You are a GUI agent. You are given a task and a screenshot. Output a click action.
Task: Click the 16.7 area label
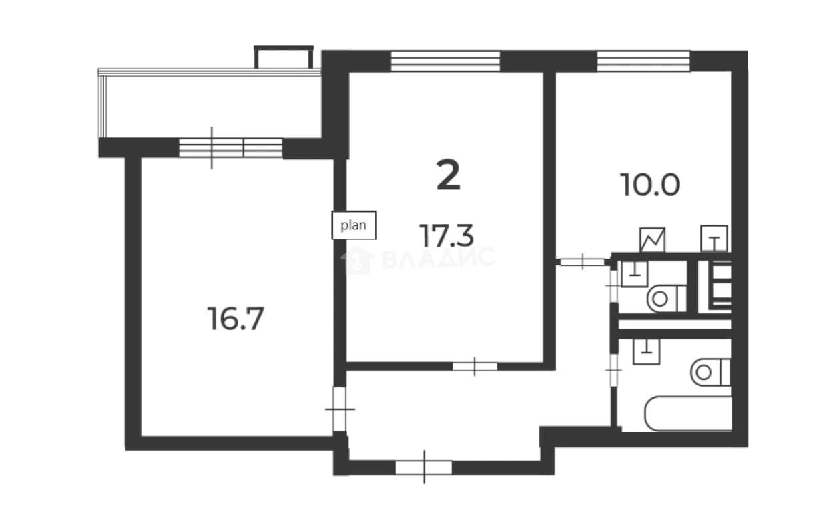tap(236, 319)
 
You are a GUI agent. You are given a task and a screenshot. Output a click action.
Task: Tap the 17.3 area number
tap(447, 236)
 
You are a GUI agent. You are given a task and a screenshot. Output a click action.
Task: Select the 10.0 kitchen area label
tap(650, 185)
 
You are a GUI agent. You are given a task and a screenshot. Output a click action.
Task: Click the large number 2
tap(448, 175)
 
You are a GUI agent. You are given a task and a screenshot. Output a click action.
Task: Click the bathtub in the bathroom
tap(688, 414)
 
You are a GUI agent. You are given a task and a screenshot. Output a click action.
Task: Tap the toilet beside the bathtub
tap(711, 372)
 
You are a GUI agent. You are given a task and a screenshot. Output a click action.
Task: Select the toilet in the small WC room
tap(667, 299)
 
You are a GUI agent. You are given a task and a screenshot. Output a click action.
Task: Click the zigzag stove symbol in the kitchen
tap(652, 240)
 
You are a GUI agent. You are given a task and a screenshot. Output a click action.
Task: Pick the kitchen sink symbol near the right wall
tap(714, 238)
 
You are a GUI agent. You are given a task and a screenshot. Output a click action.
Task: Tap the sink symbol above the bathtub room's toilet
tap(646, 351)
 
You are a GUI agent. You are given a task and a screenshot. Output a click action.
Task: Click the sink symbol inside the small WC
tap(635, 274)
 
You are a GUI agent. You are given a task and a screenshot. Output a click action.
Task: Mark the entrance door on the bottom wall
tap(424, 467)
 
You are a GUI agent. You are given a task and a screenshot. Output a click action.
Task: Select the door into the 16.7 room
tap(340, 409)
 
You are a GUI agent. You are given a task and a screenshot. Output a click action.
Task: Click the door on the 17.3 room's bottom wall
tap(475, 367)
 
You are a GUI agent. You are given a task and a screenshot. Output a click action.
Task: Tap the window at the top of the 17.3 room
tap(445, 61)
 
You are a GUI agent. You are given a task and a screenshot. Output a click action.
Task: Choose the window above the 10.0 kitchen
tap(643, 61)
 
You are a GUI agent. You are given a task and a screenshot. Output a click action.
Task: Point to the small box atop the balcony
tap(284, 57)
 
